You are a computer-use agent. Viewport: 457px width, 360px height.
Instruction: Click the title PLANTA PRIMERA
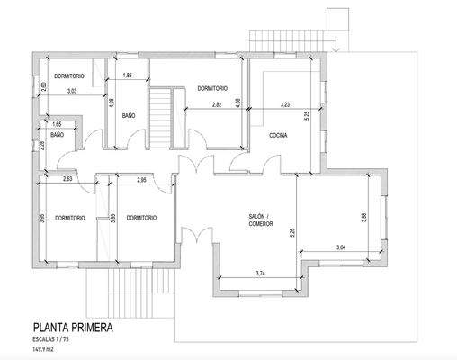pyautogui.click(x=72, y=328)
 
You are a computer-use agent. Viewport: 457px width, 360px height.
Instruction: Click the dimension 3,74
pyautogui.click(x=260, y=273)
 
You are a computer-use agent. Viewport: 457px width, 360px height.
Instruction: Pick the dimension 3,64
pyautogui.click(x=340, y=247)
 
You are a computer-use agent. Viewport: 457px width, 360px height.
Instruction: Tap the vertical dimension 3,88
pyautogui.click(x=363, y=216)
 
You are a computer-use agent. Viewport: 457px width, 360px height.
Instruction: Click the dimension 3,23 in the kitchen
pyautogui.click(x=285, y=105)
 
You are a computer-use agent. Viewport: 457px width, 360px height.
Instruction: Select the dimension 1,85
pyautogui.click(x=128, y=75)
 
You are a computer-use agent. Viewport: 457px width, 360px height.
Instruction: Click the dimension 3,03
pyautogui.click(x=72, y=91)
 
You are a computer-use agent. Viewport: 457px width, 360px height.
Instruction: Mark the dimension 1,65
pyautogui.click(x=57, y=123)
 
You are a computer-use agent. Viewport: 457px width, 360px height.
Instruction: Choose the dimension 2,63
pyautogui.click(x=67, y=180)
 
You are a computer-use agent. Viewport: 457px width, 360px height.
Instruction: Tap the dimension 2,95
pyautogui.click(x=142, y=180)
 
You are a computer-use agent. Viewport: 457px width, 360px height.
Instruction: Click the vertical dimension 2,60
pyautogui.click(x=42, y=87)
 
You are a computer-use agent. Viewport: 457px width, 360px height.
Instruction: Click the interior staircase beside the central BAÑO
pyautogui.click(x=159, y=114)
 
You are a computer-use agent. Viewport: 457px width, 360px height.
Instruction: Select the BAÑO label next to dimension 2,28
pyautogui.click(x=58, y=135)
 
